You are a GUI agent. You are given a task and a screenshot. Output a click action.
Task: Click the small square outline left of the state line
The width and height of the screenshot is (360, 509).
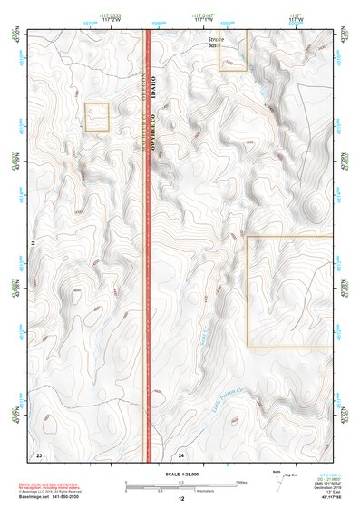click(x=97, y=117)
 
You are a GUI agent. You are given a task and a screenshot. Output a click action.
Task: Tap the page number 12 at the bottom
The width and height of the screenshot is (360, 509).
click(x=180, y=499)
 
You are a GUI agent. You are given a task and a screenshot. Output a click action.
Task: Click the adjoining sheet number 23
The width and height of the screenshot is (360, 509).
click(x=38, y=453)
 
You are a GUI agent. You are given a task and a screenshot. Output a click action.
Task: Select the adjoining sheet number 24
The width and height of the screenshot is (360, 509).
click(x=181, y=453)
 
